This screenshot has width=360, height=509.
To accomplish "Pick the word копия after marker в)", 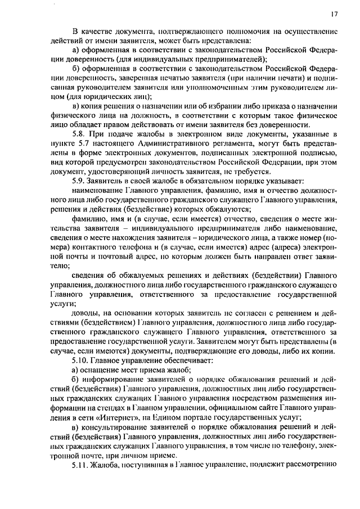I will pyautogui.click(x=93, y=107).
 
